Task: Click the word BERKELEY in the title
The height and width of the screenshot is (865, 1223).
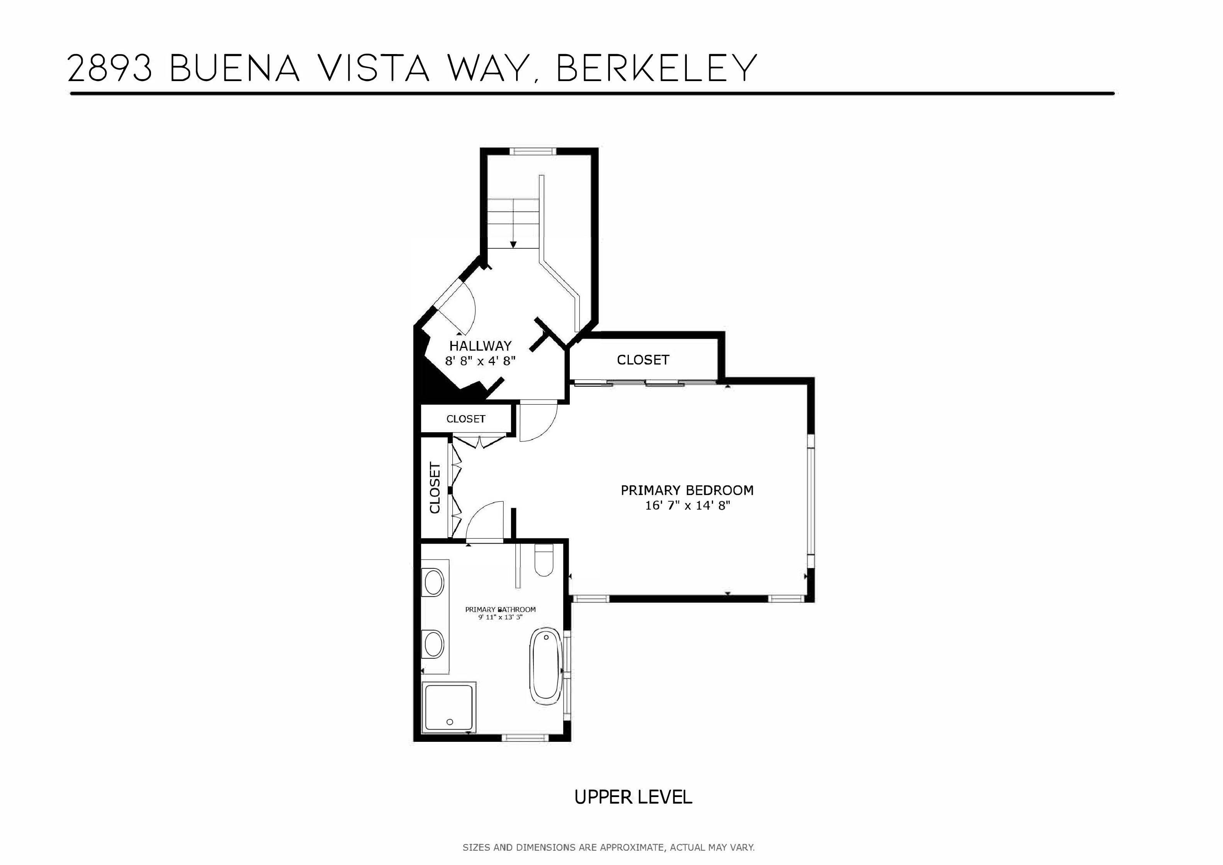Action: point(656,68)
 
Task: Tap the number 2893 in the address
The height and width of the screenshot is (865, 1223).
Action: point(110,68)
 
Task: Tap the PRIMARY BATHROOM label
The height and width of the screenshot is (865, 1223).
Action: point(500,609)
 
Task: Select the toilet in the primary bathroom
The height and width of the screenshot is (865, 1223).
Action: point(543,561)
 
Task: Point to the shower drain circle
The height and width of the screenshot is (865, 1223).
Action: point(450,722)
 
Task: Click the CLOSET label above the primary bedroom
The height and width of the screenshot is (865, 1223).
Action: point(643,360)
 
